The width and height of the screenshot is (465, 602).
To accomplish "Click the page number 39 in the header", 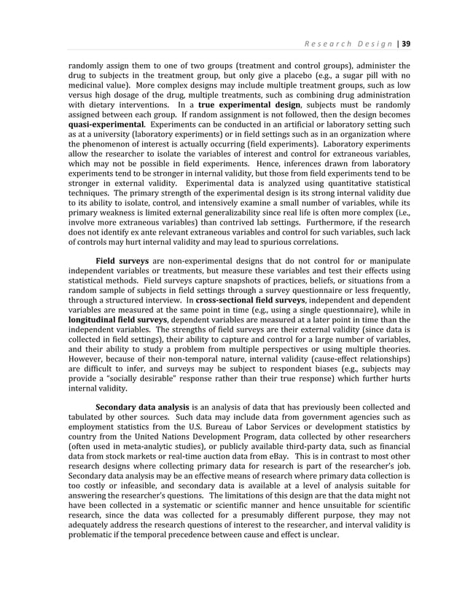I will pos(405,44).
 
